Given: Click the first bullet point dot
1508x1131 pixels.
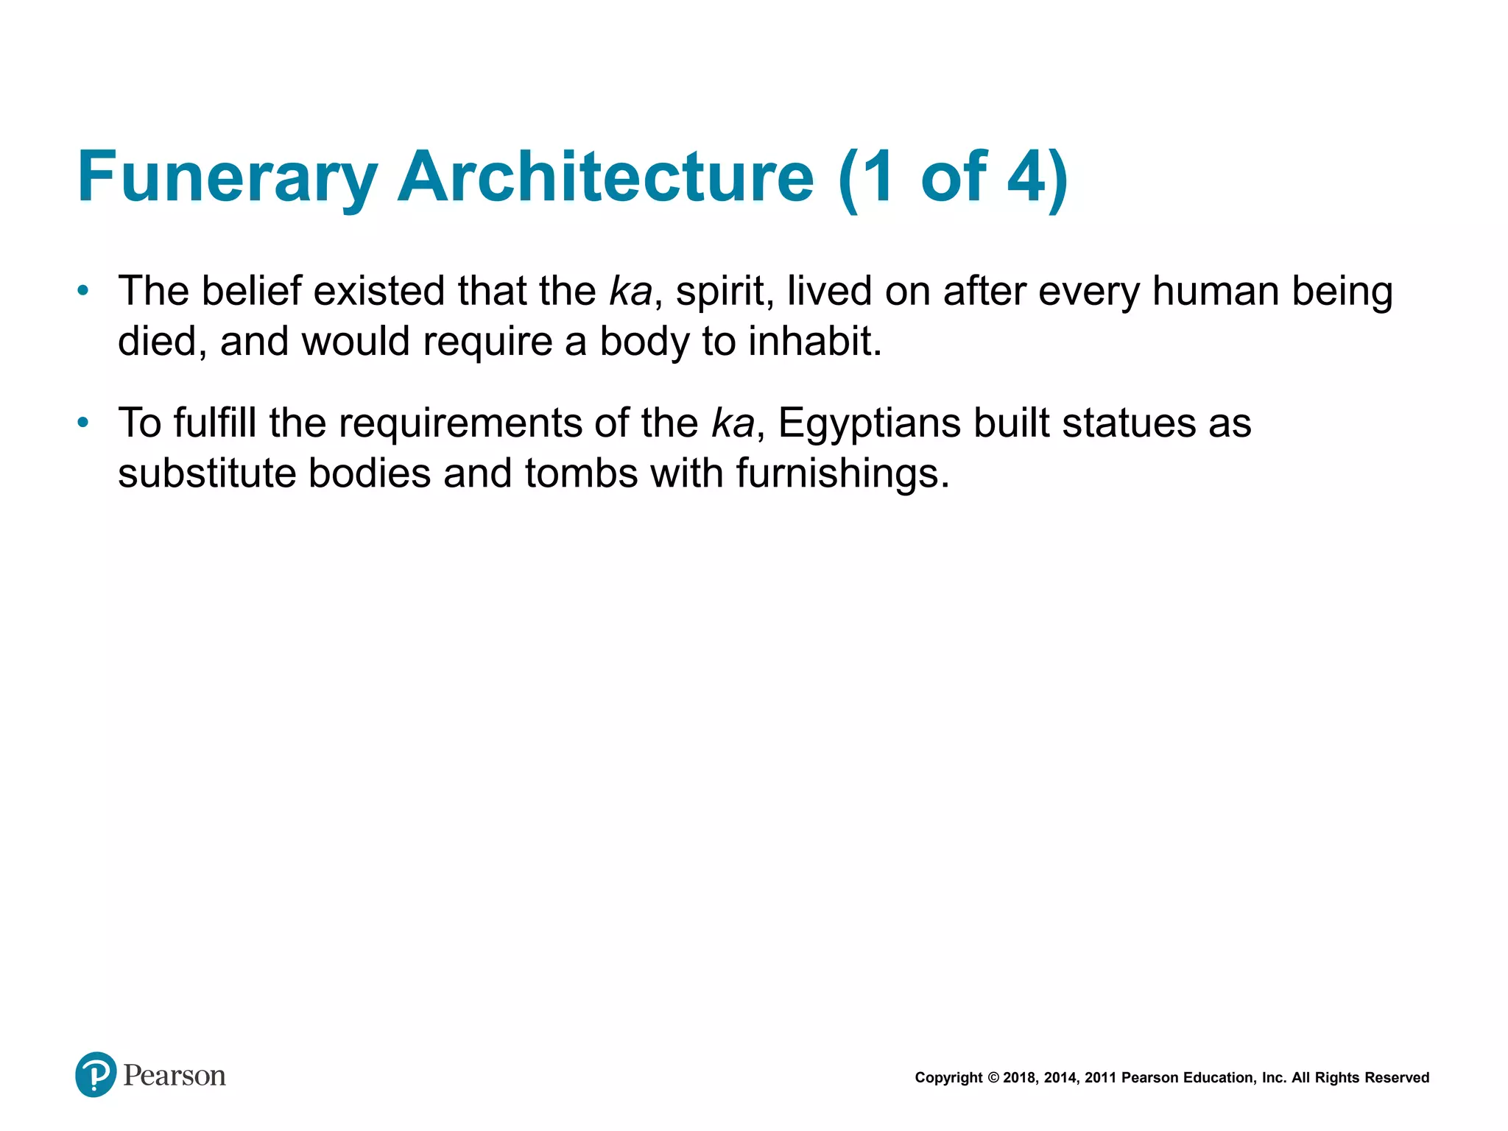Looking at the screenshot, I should (83, 291).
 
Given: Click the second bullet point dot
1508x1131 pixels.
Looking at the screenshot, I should (83, 423).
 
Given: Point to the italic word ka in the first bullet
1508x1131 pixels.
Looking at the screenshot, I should (631, 292).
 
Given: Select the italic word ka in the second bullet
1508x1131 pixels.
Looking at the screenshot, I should (733, 423).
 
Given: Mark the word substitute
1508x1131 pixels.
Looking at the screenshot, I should (207, 473).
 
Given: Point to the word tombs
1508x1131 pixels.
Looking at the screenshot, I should (581, 473).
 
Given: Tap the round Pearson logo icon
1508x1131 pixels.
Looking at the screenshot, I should (96, 1074).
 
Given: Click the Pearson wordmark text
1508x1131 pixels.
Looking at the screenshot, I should (175, 1076).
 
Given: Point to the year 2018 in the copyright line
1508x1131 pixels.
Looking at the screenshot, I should (1019, 1078).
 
